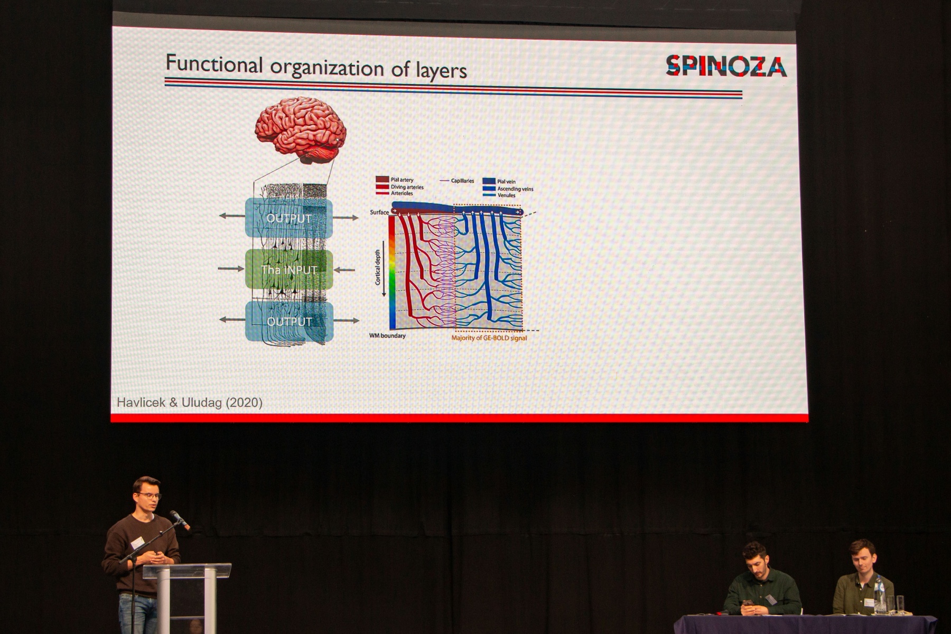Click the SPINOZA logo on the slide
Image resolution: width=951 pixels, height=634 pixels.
point(726,66)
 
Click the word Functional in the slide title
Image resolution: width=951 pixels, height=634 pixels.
point(214,64)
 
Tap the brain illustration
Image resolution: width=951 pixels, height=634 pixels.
point(301,130)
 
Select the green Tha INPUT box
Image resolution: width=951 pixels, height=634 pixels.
point(289,269)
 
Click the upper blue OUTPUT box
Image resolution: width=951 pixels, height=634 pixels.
point(289,218)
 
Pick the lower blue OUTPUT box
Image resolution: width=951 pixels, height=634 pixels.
point(290,321)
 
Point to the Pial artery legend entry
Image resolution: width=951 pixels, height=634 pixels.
point(395,180)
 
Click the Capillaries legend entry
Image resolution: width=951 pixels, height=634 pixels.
point(457,181)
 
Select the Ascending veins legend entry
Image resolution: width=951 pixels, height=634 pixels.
point(508,189)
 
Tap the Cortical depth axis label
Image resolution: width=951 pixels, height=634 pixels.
point(378,267)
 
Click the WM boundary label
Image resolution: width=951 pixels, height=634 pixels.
point(387,335)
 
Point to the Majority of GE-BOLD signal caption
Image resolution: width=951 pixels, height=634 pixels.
point(489,338)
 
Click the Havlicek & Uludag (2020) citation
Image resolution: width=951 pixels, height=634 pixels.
point(190,403)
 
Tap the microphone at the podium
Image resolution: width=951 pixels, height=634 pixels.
point(180,520)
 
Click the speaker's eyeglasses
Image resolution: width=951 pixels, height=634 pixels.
point(149,496)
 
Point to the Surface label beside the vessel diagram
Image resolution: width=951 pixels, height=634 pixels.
point(379,212)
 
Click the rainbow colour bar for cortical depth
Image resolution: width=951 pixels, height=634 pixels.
point(392,272)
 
